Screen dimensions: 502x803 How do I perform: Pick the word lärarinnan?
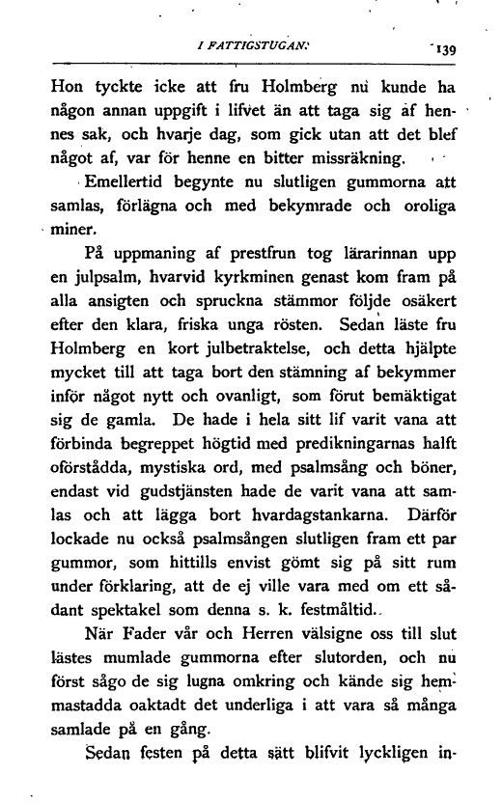pyautogui.click(x=376, y=256)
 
